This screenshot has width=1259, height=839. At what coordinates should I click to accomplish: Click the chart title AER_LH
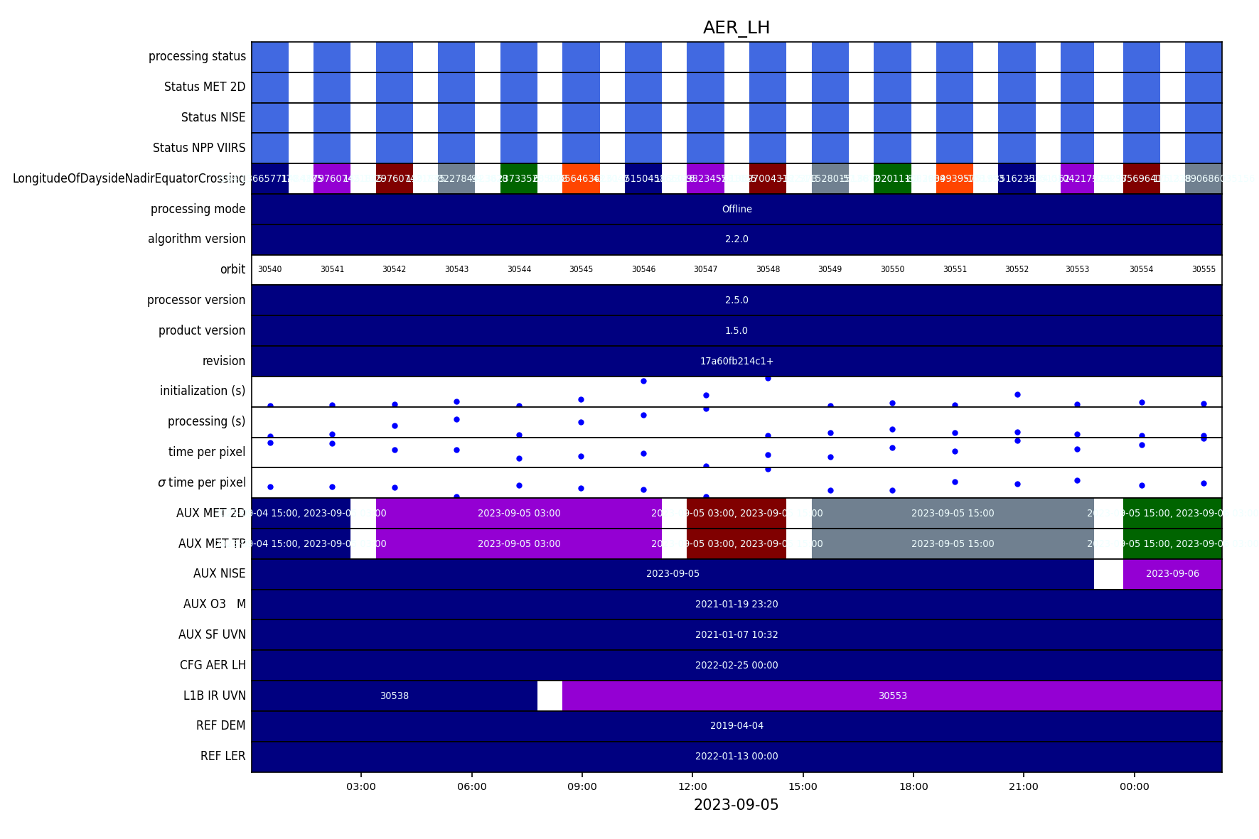(736, 28)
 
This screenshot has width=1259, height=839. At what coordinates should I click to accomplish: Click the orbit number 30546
(643, 269)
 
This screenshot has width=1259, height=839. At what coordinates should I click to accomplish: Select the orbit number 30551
(955, 269)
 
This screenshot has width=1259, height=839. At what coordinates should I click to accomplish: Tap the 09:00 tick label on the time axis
(582, 786)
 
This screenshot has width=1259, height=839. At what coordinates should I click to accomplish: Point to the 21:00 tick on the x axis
(1023, 786)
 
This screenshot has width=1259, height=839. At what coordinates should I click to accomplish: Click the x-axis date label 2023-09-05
(736, 805)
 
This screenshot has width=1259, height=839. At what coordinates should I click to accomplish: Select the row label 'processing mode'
(198, 209)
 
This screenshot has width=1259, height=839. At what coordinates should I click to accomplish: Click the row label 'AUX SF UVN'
(212, 634)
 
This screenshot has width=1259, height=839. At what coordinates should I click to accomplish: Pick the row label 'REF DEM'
(220, 725)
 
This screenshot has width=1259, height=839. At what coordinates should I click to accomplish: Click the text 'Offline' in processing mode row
(736, 209)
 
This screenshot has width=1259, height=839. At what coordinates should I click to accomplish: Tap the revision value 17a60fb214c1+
(736, 361)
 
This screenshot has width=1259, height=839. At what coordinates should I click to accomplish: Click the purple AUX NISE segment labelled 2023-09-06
(1172, 573)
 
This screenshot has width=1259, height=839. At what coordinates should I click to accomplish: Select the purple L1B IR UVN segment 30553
(892, 695)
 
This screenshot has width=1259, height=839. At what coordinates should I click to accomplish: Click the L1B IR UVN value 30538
(395, 695)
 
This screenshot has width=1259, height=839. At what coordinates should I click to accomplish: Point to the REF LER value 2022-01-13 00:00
(736, 756)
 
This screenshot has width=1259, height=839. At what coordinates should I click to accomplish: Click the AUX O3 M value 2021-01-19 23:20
(736, 604)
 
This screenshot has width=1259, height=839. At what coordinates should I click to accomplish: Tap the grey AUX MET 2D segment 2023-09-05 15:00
(953, 513)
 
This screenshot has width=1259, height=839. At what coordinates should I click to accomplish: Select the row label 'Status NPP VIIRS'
(199, 148)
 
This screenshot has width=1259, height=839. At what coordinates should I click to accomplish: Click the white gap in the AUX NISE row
(1108, 573)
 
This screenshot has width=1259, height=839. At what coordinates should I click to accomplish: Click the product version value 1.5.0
(736, 330)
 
